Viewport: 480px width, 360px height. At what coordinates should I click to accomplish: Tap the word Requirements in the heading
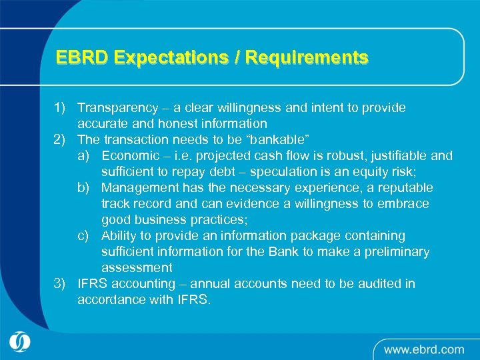[x=307, y=58]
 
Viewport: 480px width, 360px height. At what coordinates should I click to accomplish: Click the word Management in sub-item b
[x=138, y=187]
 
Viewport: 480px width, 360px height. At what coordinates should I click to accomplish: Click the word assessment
[x=137, y=267]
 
